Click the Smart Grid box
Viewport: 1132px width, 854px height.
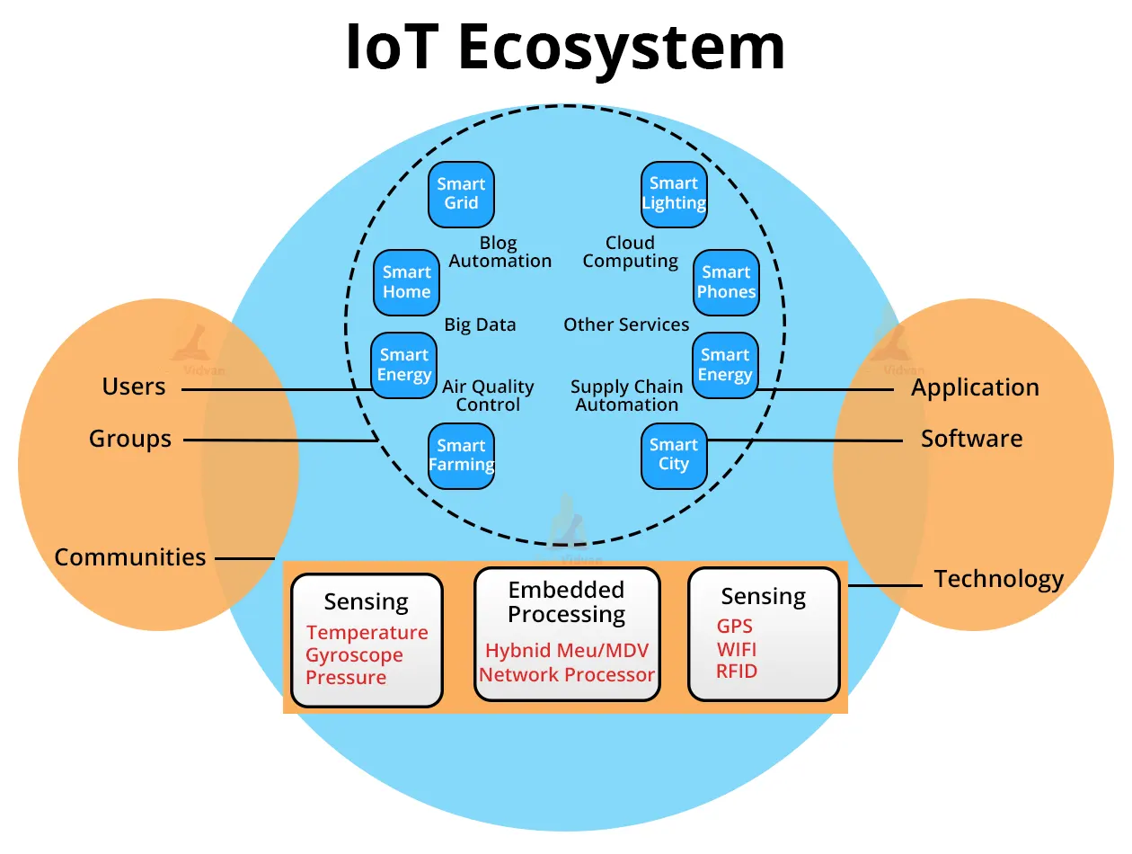click(461, 193)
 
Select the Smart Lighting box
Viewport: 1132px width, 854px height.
click(674, 193)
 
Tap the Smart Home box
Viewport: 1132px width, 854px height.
click(407, 282)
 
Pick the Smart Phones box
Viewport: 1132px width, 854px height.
click(726, 282)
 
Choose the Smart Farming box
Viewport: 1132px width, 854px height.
click(461, 456)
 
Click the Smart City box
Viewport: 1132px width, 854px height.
click(674, 456)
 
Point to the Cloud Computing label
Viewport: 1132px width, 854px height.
click(630, 252)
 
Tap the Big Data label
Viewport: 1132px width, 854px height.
click(480, 325)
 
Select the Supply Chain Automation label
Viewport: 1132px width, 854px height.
click(627, 396)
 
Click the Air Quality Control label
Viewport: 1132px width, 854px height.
click(488, 396)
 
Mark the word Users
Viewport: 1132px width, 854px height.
click(134, 387)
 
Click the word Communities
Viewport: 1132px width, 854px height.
click(130, 557)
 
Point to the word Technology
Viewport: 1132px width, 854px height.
click(998, 579)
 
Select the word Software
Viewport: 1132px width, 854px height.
click(971, 439)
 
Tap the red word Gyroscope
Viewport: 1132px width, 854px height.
click(354, 655)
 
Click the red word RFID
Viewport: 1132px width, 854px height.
click(737, 672)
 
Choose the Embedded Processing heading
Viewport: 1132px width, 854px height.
click(566, 602)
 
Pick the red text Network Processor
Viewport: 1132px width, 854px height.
click(567, 675)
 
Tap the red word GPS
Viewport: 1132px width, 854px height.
click(734, 627)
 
